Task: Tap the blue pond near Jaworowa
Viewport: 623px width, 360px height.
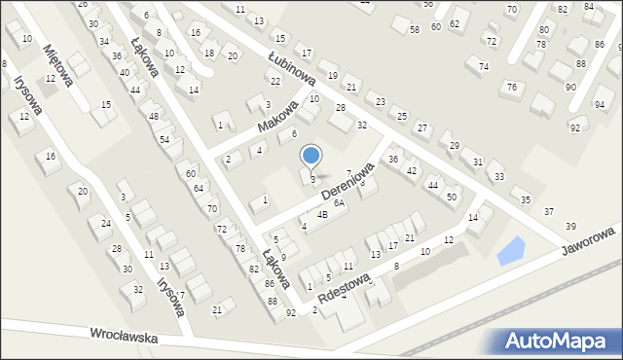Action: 510,251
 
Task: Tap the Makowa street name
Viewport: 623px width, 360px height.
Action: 277,116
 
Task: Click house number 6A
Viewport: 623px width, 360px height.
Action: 339,203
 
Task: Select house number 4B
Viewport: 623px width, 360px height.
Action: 321,214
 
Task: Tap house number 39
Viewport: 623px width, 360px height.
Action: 570,226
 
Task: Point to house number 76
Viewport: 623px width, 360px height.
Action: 510,88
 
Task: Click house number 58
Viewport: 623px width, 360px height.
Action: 415,31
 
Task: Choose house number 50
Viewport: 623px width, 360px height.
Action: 451,197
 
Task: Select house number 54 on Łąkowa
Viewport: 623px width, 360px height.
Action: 165,140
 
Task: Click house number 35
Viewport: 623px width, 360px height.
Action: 526,199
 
